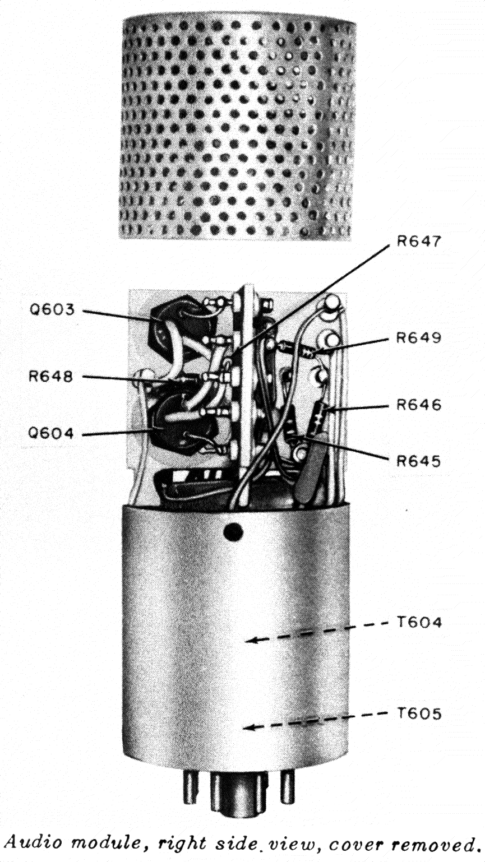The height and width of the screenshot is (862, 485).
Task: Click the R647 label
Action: point(419,242)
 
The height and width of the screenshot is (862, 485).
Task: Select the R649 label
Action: point(419,339)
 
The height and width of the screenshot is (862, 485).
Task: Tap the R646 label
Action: point(419,405)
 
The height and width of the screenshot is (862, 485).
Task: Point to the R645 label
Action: point(419,461)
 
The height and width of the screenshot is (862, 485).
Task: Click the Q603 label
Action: point(52,309)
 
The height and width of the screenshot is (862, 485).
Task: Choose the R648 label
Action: point(51,376)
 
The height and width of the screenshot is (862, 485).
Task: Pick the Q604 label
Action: point(50,434)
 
